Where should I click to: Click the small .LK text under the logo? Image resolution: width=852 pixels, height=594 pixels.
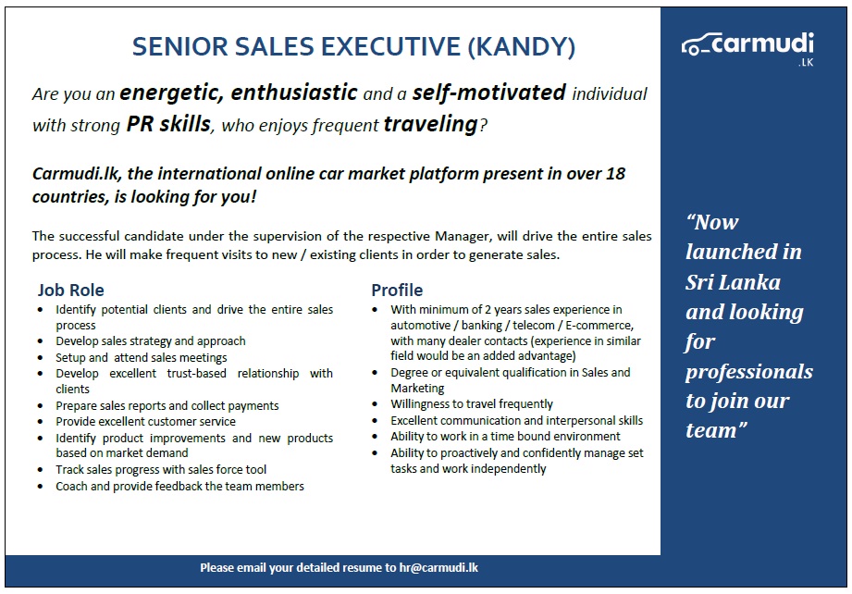805,64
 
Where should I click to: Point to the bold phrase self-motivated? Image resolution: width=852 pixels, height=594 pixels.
488,93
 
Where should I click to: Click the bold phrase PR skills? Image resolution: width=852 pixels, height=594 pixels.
168,124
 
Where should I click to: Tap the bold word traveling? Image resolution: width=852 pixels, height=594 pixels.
430,124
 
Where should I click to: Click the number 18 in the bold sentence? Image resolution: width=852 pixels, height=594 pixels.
615,174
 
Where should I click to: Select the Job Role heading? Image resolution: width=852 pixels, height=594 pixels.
70,291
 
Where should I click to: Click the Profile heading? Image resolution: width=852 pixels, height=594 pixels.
397,291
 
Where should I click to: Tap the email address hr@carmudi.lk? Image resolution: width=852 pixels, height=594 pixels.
438,567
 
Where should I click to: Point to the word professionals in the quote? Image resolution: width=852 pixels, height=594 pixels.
748,372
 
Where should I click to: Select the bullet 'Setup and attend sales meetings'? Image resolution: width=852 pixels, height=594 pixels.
141,357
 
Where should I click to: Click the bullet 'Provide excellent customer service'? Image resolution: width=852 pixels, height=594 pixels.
145,421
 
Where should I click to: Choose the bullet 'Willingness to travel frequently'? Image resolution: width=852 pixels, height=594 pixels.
472,404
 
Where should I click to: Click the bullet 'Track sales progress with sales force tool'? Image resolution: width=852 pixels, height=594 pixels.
161,469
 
